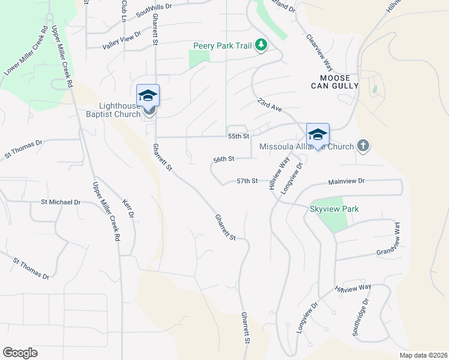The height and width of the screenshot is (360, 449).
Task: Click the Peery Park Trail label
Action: tap(223, 46)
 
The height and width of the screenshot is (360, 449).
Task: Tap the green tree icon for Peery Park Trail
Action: tap(261, 45)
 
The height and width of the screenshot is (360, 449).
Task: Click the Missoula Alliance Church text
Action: tap(306, 146)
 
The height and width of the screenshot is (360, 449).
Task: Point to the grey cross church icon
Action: tap(362, 146)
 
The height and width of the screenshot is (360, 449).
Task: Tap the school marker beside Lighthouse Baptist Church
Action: tap(148, 96)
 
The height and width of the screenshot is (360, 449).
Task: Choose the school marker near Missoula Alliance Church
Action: tap(318, 134)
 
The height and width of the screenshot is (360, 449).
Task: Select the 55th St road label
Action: tap(238, 137)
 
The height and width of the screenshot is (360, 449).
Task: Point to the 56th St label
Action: tap(224, 160)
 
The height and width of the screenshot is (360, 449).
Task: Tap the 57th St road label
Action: tap(247, 181)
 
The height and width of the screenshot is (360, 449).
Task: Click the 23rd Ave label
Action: tap(270, 106)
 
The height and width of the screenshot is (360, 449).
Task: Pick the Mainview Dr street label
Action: tap(346, 181)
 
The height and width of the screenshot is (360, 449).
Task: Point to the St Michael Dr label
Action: tap(60, 203)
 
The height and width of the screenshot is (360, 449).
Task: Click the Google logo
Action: tap(20, 353)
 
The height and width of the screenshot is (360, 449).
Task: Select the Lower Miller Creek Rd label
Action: tap(25, 53)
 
